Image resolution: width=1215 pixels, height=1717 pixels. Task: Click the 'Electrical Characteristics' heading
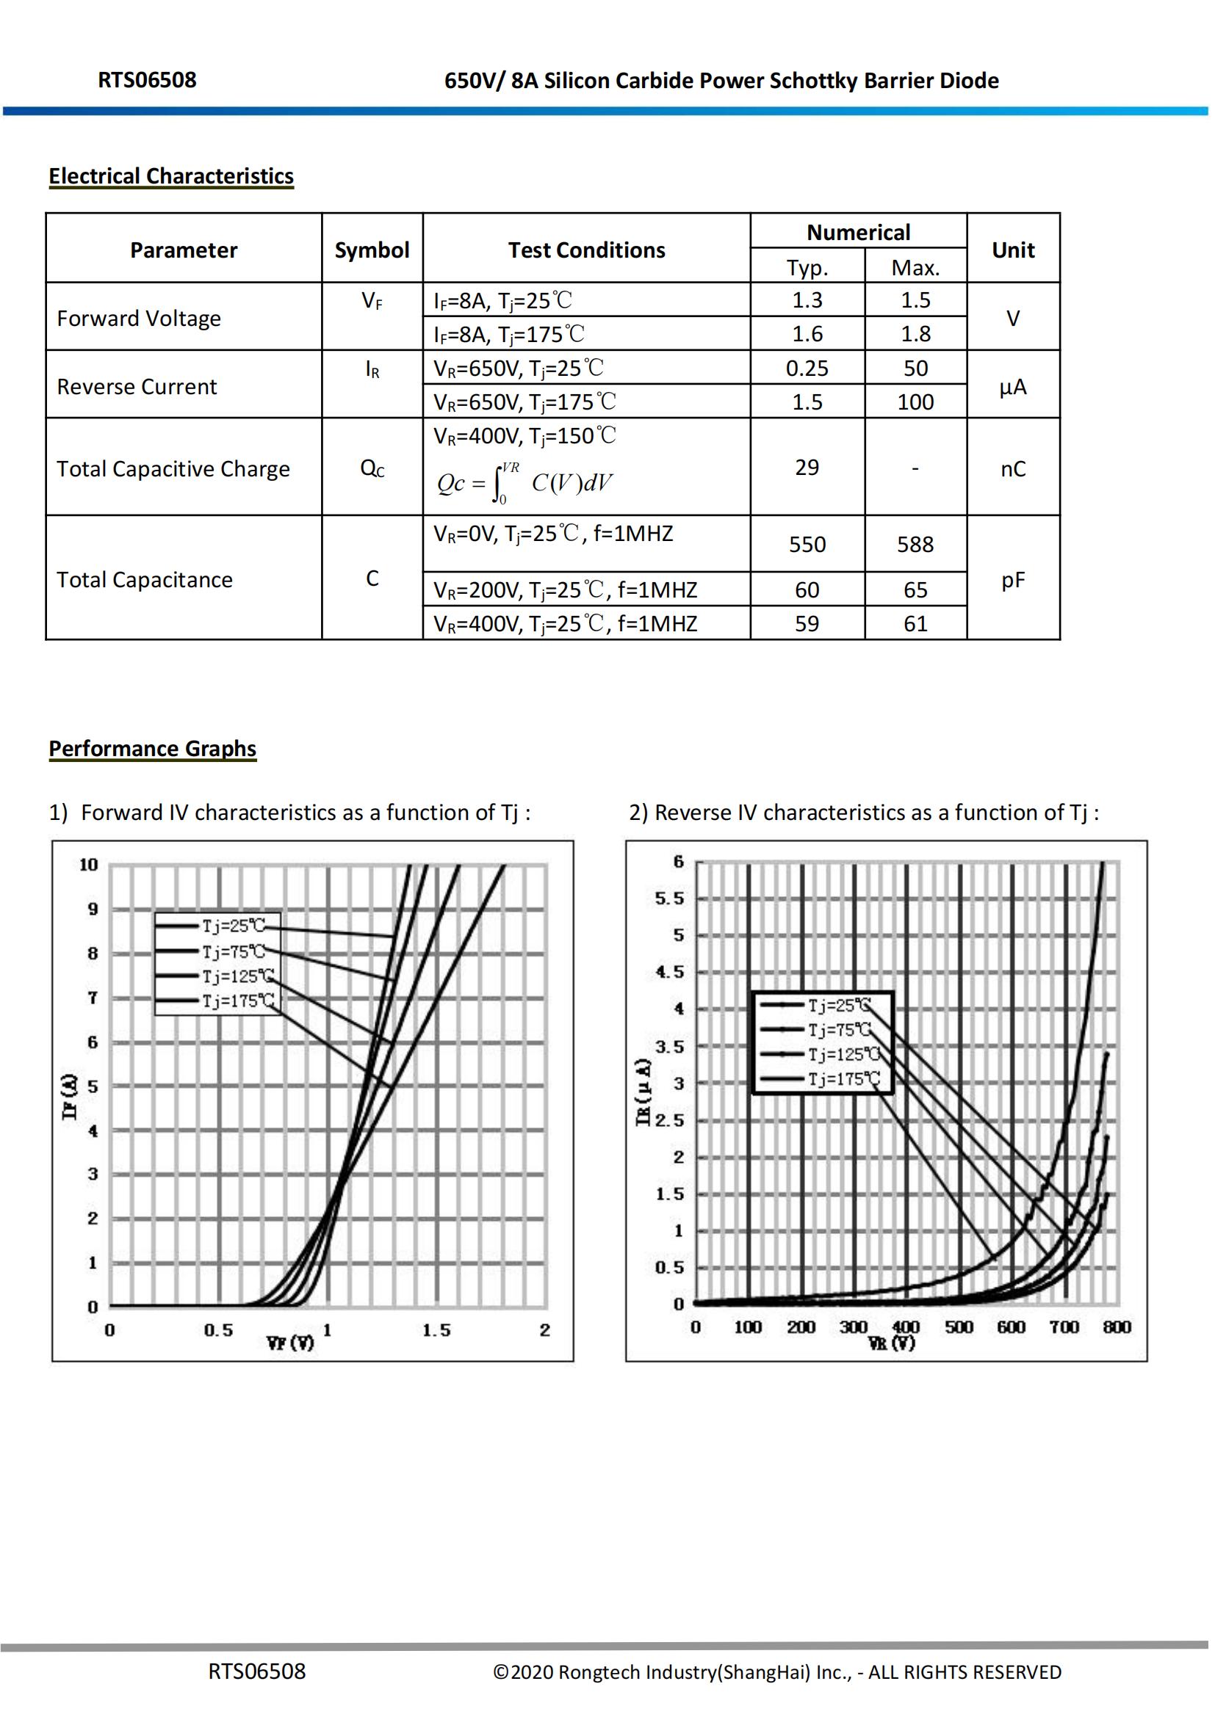click(x=170, y=175)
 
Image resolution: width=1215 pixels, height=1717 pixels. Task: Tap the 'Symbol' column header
click(x=372, y=250)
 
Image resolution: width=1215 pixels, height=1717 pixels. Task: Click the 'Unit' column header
click(x=1013, y=250)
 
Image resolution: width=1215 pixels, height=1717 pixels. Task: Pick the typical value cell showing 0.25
click(x=807, y=368)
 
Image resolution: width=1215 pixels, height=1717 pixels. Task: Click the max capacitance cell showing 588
click(x=915, y=544)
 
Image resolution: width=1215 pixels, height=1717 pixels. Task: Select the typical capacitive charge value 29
click(x=807, y=468)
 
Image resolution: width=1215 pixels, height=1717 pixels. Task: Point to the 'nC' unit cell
click(x=1013, y=469)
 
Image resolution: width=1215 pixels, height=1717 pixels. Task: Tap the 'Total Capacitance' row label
click(x=145, y=580)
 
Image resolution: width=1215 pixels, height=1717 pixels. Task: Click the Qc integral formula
click(x=524, y=483)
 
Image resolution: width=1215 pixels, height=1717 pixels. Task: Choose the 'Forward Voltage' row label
click(x=139, y=319)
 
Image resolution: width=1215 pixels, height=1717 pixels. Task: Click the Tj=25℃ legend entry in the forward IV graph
click(x=233, y=926)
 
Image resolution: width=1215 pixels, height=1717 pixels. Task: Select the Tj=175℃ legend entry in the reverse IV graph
click(x=843, y=1078)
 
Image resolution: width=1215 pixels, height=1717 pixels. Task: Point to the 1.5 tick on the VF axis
click(x=436, y=1330)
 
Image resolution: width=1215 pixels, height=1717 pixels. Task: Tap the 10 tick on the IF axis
click(x=88, y=865)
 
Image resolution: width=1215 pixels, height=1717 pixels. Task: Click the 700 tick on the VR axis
click(x=1063, y=1327)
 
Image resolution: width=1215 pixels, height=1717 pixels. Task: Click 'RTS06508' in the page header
click(x=147, y=80)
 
